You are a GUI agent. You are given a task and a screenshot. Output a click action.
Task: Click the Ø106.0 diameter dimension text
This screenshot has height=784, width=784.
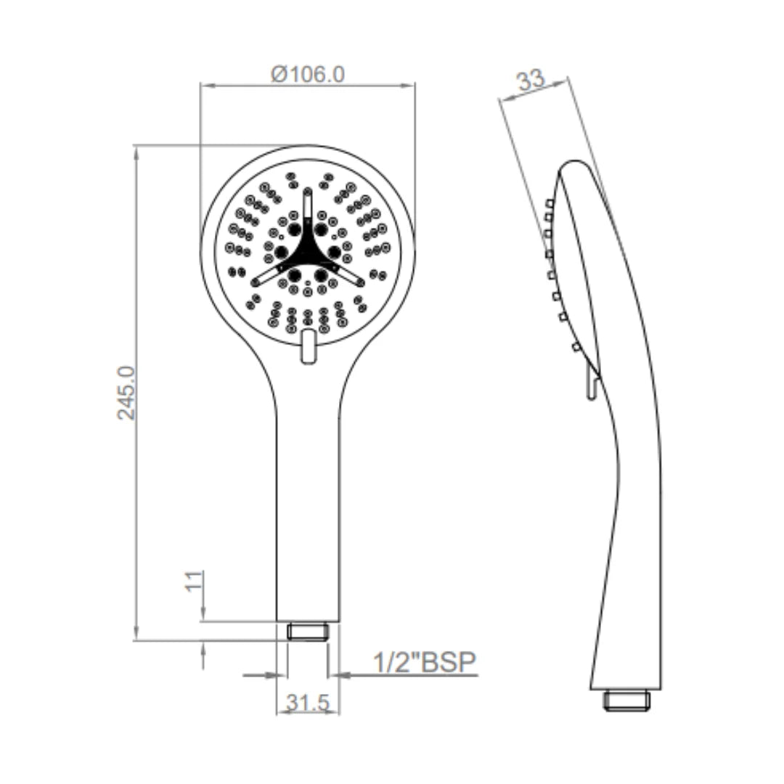(307, 73)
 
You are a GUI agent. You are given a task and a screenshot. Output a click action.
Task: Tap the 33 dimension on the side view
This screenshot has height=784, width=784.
(531, 80)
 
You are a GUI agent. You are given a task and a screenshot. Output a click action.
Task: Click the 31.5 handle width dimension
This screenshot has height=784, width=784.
(307, 702)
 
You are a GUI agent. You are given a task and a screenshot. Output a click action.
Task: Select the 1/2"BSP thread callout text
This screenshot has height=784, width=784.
(423, 662)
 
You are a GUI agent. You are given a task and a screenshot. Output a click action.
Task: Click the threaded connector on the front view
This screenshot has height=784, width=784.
(308, 631)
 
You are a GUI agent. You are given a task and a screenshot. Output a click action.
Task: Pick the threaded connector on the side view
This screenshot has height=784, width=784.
(628, 700)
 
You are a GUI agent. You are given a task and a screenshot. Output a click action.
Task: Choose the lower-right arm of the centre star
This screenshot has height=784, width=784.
(350, 276)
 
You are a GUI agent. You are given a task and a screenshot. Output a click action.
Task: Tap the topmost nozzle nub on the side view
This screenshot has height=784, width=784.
(550, 203)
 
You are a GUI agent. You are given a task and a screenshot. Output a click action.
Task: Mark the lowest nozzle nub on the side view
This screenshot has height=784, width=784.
(576, 348)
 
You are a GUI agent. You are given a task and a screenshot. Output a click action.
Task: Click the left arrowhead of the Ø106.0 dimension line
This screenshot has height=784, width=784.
(205, 86)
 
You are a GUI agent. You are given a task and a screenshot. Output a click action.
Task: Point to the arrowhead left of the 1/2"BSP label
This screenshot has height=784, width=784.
(342, 675)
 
